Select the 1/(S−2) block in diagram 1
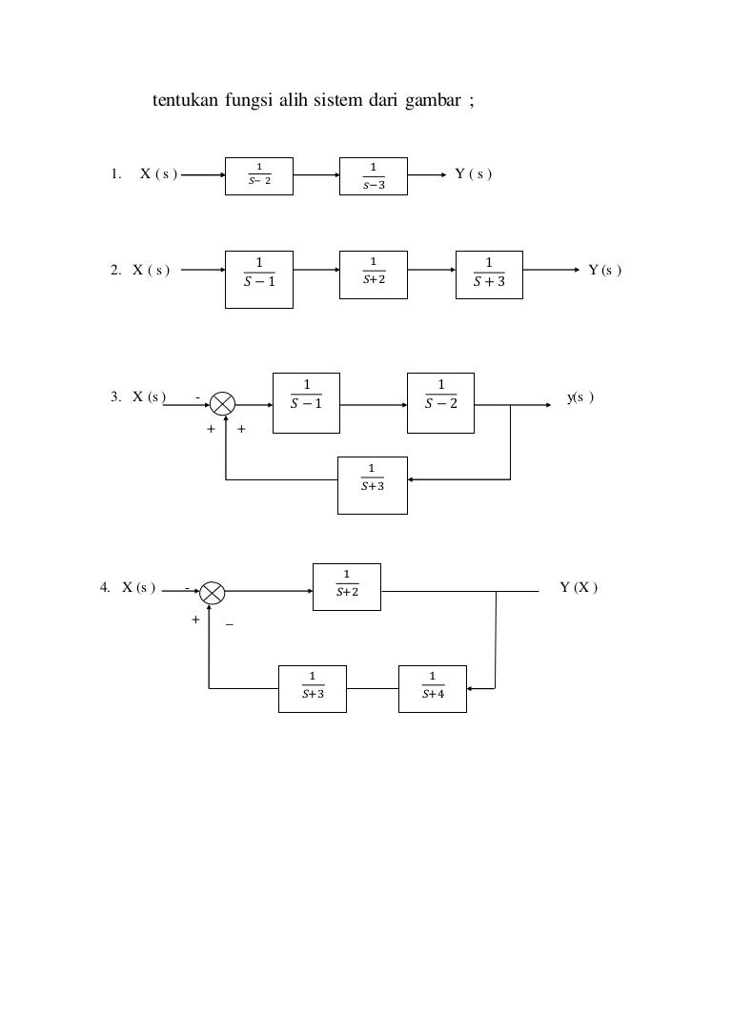coord(258,175)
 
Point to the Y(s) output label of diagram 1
coord(473,174)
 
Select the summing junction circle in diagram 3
coord(224,405)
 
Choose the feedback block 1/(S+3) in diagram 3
coord(373,481)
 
